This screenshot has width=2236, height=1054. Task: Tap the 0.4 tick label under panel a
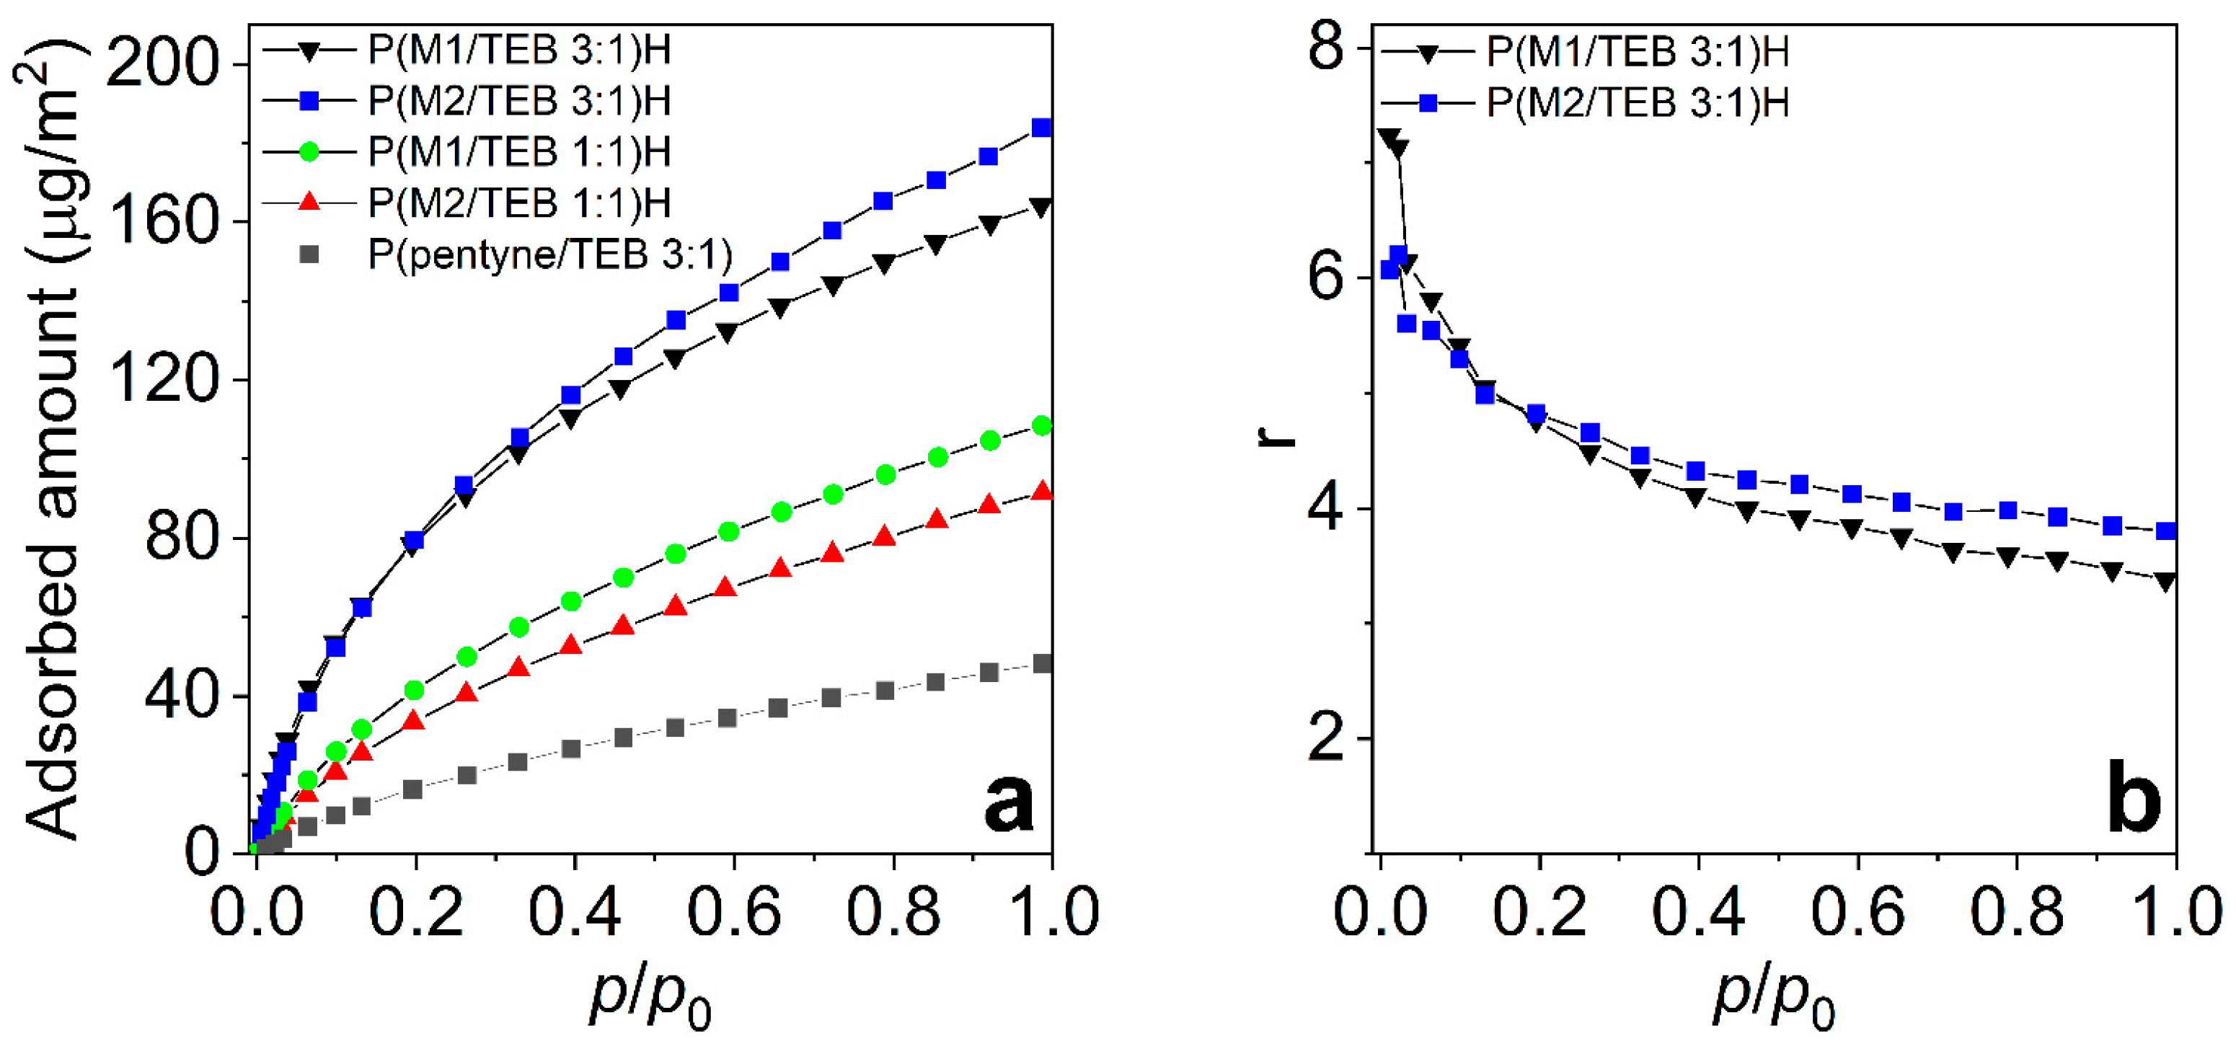pyautogui.click(x=575, y=913)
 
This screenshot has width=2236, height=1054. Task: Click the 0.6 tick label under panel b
pyautogui.click(x=1857, y=913)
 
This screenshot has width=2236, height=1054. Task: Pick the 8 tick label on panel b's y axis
pyautogui.click(x=1325, y=48)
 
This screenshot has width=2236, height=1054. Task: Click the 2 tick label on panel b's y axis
pyautogui.click(x=1325, y=740)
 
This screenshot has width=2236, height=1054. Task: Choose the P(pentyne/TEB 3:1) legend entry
pyautogui.click(x=549, y=255)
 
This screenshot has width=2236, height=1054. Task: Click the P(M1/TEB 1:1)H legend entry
pyautogui.click(x=519, y=153)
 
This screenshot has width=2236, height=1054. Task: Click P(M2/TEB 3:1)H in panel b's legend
pyautogui.click(x=1637, y=103)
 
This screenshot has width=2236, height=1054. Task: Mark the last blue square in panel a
pyautogui.click(x=1042, y=128)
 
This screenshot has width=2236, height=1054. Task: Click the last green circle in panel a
pyautogui.click(x=1042, y=425)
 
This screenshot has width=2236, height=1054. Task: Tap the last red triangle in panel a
pyautogui.click(x=1042, y=492)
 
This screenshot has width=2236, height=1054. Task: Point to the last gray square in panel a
pyautogui.click(x=1043, y=664)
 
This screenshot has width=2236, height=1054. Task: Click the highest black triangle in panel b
pyautogui.click(x=1388, y=137)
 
